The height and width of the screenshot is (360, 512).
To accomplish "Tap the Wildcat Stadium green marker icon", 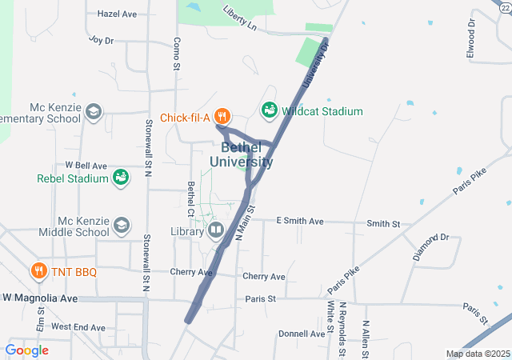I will (x=269, y=110).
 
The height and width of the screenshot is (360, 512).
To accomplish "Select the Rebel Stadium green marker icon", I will (x=121, y=178).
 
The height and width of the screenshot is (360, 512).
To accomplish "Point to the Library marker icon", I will (x=215, y=231).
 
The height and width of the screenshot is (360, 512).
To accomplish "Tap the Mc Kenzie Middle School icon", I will (x=122, y=226).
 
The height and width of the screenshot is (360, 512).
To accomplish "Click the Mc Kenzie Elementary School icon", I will (x=94, y=112).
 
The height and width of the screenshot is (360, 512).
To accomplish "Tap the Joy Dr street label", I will (x=102, y=39).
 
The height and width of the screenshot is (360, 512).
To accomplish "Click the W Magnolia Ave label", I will (x=40, y=298).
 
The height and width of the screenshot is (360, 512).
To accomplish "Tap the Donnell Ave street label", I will (x=302, y=334).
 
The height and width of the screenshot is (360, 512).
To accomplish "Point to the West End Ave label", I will (x=78, y=327).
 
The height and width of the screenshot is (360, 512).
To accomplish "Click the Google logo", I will (x=26, y=350).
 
